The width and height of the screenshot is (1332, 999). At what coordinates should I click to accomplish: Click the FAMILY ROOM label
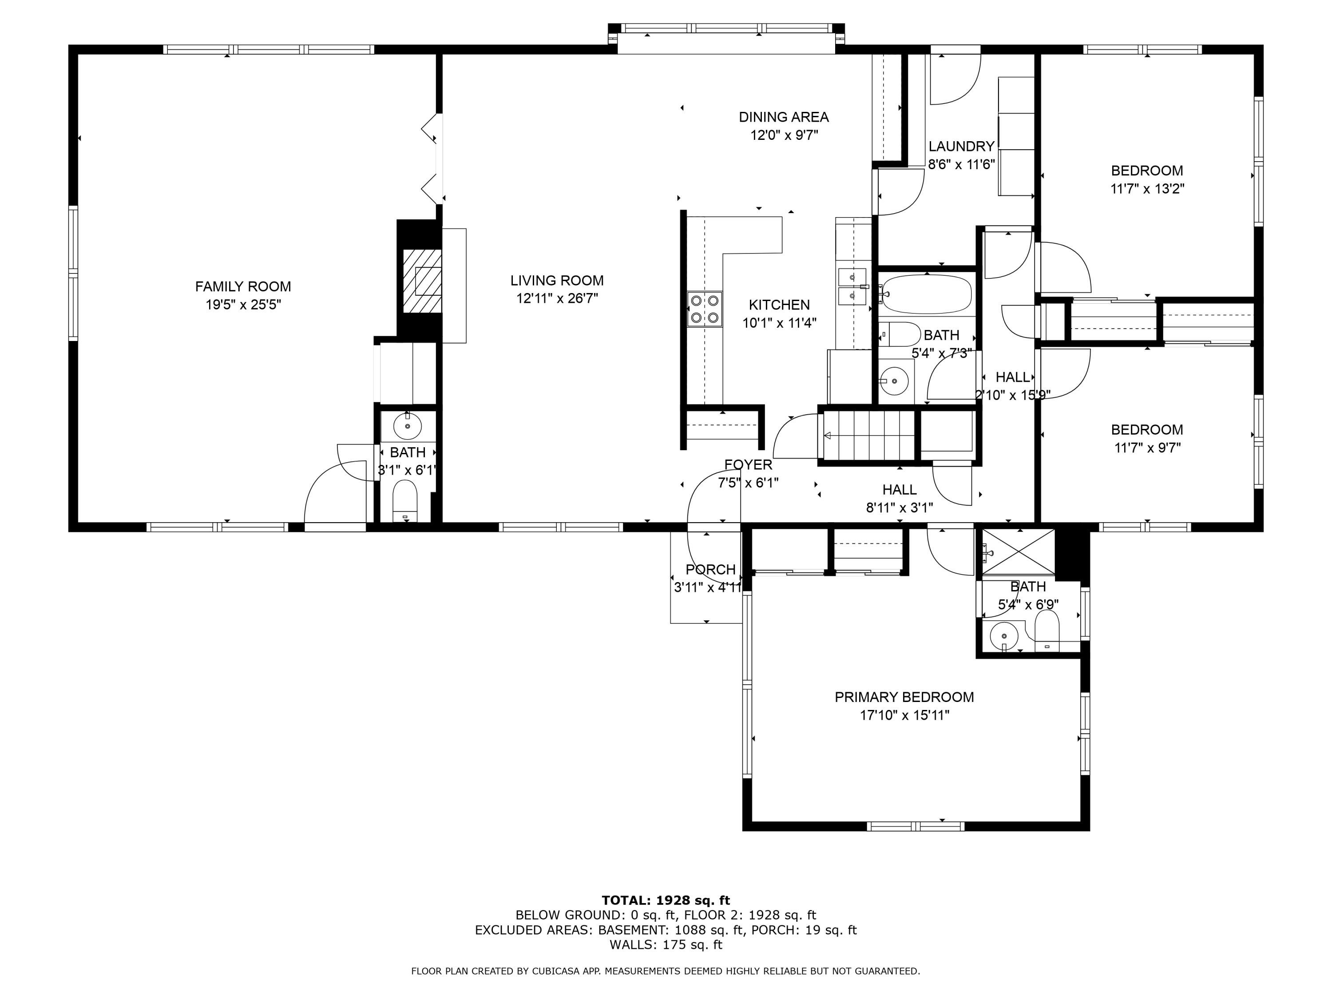[x=243, y=287]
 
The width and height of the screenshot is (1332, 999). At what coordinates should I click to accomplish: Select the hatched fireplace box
[x=421, y=281]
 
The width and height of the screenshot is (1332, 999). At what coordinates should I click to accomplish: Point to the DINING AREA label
[x=783, y=117]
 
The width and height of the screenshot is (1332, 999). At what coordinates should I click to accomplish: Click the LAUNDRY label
[x=961, y=147]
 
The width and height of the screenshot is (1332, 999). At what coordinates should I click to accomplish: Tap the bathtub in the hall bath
[x=926, y=294]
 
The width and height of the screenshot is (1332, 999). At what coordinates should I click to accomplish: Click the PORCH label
[x=710, y=569]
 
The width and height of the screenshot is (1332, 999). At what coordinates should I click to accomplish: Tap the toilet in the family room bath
[x=404, y=500]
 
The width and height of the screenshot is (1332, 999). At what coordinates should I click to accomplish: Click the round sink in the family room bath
[x=407, y=426]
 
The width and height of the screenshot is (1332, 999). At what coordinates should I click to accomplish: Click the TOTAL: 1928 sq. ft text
[x=666, y=900]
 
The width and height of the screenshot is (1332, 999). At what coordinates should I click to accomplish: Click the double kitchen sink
[x=852, y=286]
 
